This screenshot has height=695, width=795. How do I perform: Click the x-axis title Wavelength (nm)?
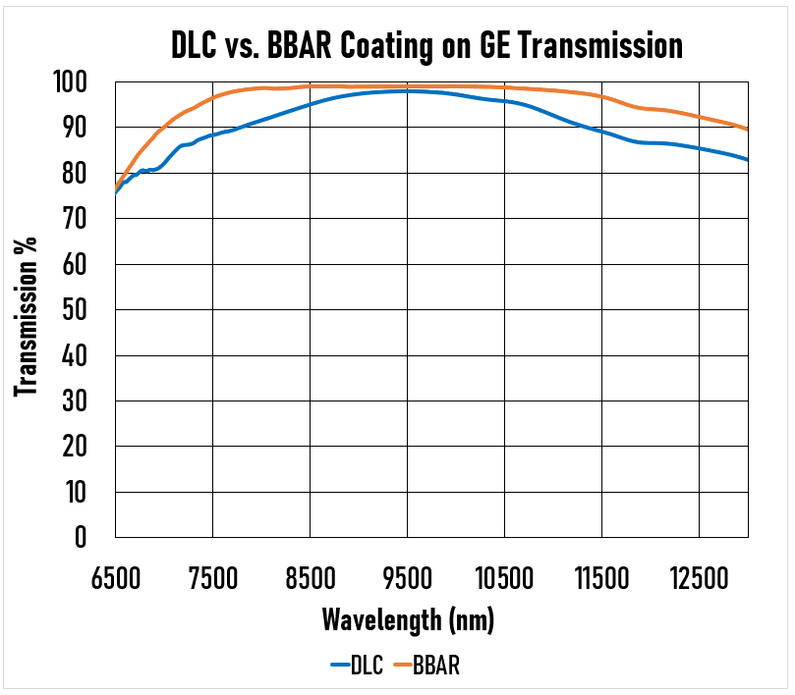pyautogui.click(x=408, y=620)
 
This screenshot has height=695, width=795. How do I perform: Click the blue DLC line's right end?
pyautogui.click(x=748, y=160)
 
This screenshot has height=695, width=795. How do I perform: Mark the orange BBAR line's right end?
pyautogui.click(x=748, y=130)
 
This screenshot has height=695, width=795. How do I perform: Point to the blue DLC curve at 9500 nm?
pyautogui.click(x=408, y=91)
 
